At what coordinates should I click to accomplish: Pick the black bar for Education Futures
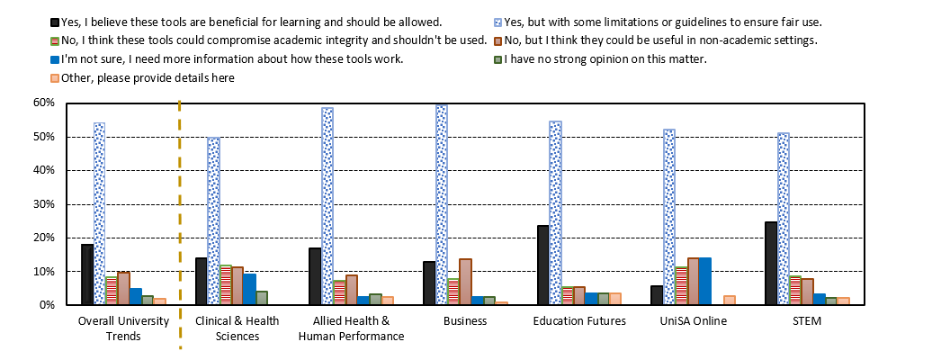(543, 265)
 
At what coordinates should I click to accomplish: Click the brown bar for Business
(465, 282)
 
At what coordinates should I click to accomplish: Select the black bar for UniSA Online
(657, 295)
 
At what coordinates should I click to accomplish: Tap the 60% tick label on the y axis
(42, 103)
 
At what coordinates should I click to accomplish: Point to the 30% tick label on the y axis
(42, 204)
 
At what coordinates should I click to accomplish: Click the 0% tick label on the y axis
(45, 305)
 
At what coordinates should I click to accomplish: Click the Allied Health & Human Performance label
(351, 328)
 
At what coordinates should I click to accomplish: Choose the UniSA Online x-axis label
(694, 321)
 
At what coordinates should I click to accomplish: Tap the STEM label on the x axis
(807, 321)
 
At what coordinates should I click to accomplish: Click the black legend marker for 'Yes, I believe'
(56, 21)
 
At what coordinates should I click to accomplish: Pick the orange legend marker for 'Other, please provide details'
(56, 78)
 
